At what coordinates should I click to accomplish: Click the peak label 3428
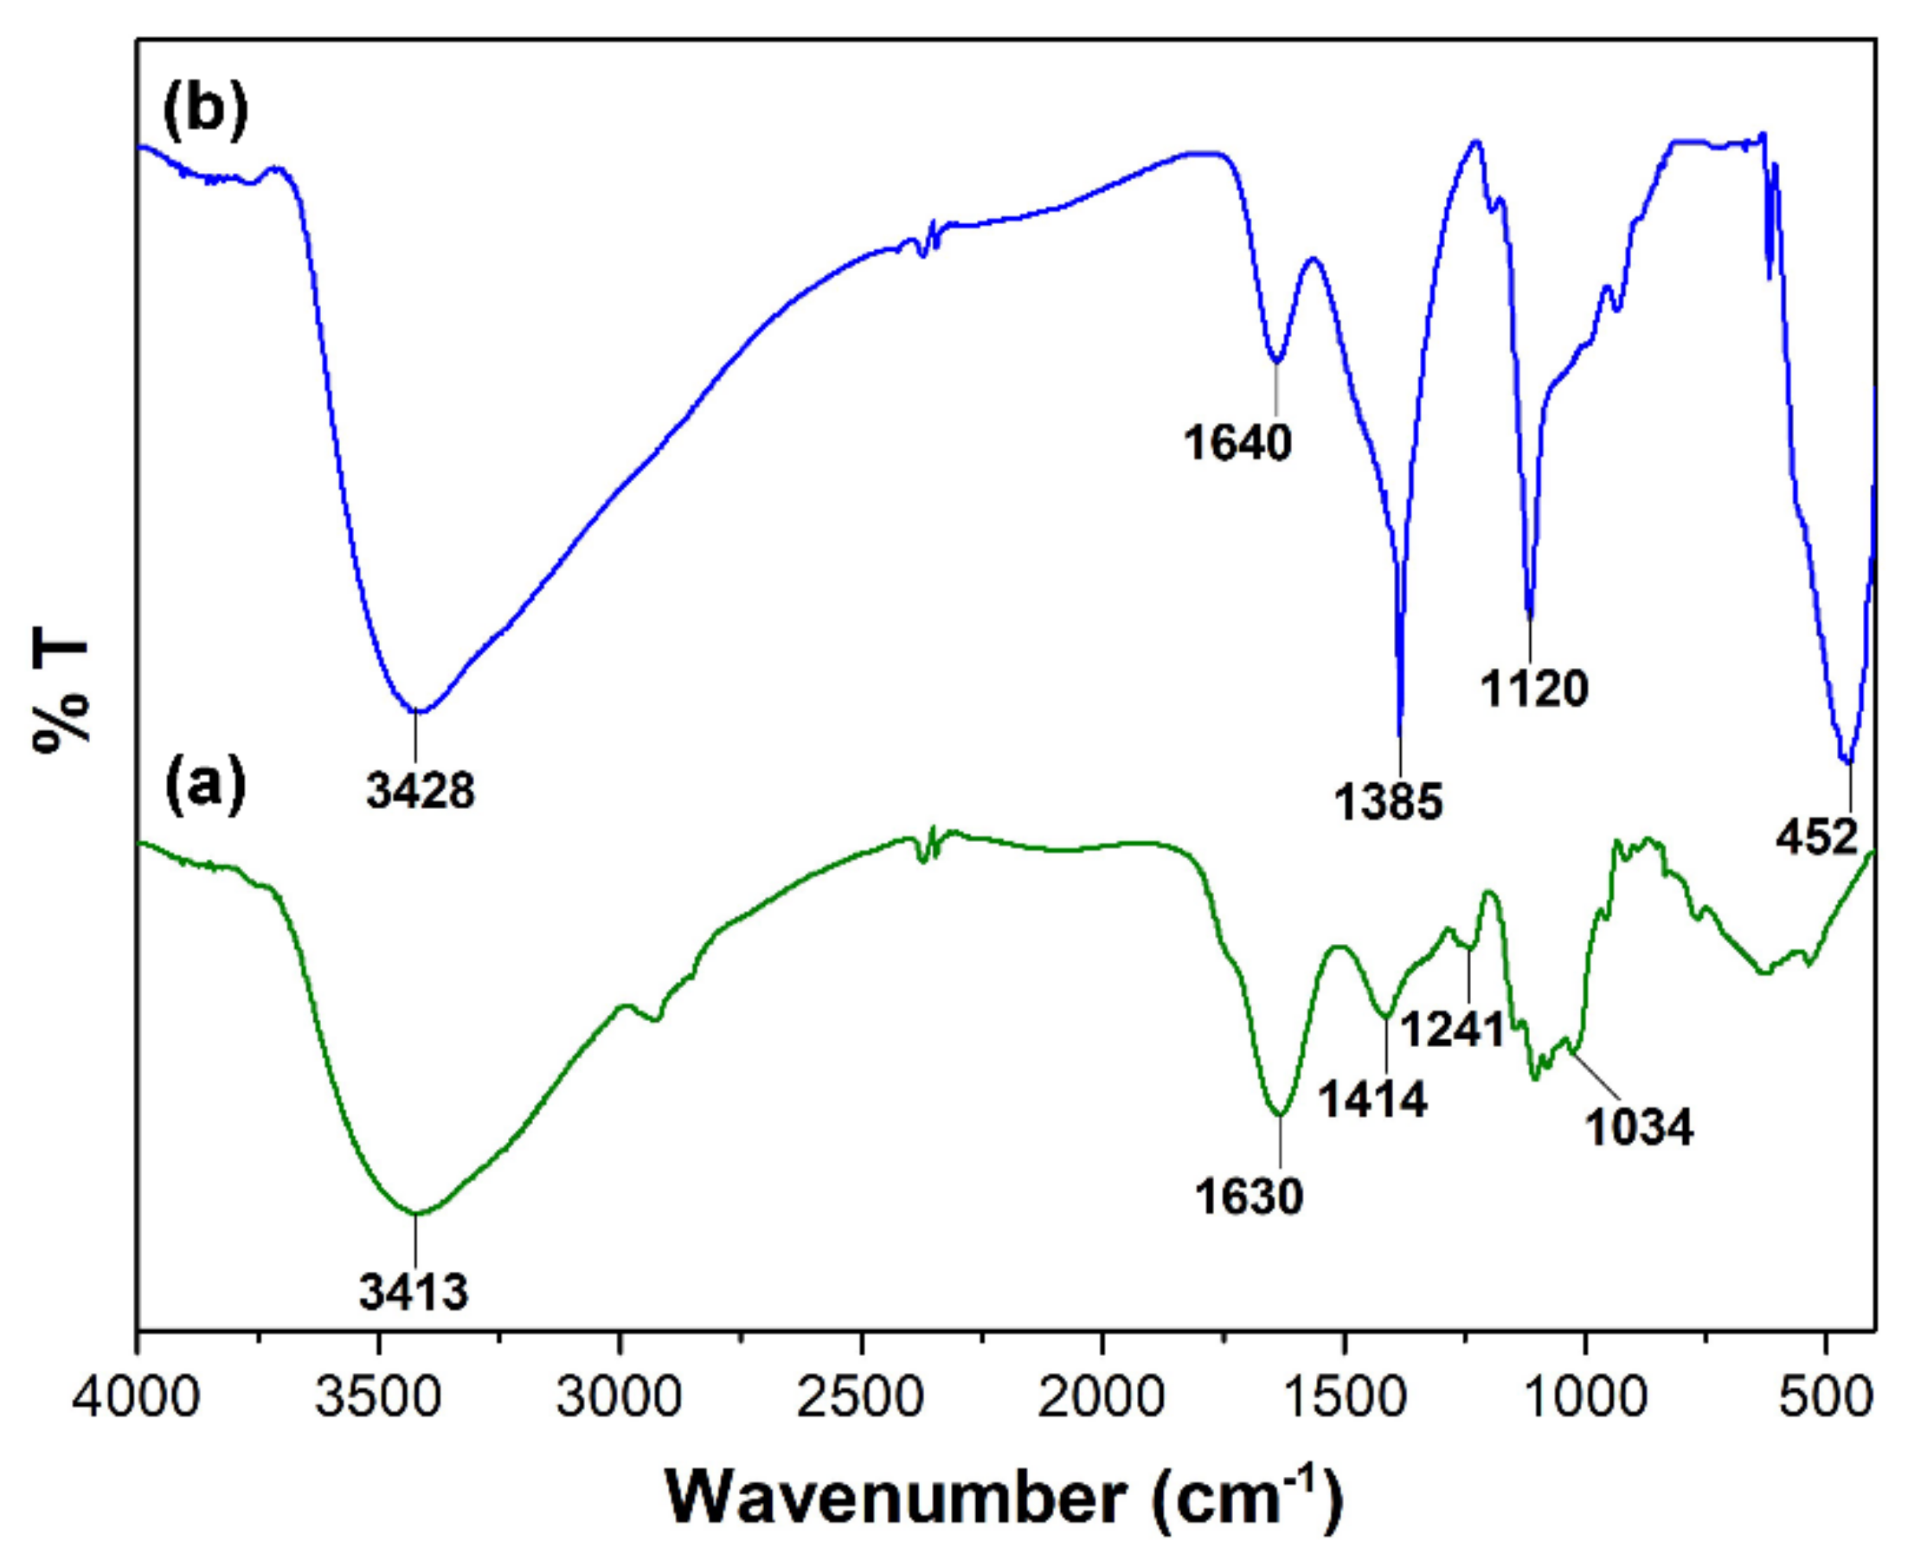[x=420, y=793]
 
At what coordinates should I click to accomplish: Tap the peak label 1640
[x=1237, y=442]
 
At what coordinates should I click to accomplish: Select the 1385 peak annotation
[x=1388, y=801]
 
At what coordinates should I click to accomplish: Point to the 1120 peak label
[x=1534, y=689]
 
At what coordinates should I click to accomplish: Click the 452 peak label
[x=1816, y=838]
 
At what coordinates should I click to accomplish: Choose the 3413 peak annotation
[x=414, y=1292]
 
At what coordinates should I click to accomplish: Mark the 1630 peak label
[x=1249, y=1196]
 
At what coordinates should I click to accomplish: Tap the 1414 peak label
[x=1373, y=1098]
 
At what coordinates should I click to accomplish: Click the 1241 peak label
[x=1453, y=1029]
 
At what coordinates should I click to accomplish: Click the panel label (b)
[x=204, y=112]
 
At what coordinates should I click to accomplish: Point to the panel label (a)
[x=204, y=786]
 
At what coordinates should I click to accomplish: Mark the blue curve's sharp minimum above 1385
[x=1399, y=732]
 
